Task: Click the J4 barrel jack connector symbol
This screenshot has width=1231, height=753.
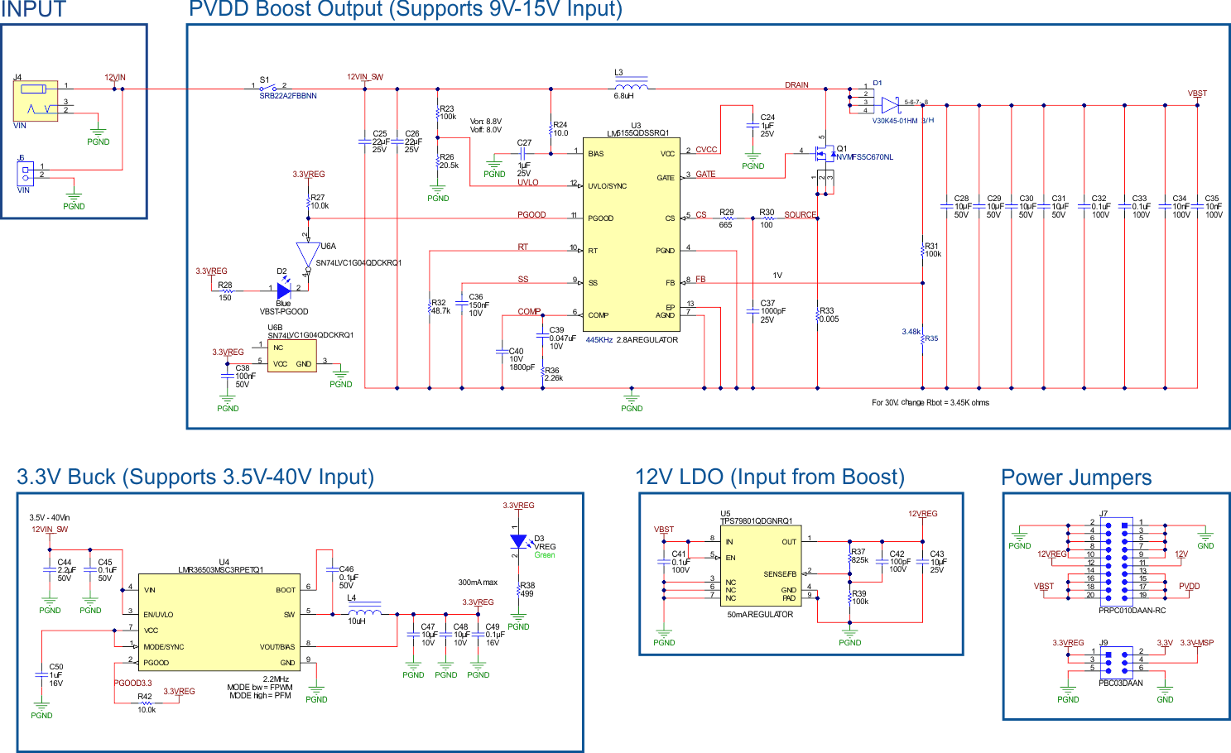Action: [36, 101]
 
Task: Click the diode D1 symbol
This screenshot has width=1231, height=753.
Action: [889, 105]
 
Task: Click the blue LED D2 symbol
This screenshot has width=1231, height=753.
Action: [284, 290]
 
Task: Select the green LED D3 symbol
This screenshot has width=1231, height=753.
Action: [518, 541]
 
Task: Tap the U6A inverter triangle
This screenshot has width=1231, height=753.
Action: [307, 253]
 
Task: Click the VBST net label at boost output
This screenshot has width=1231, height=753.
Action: [1197, 94]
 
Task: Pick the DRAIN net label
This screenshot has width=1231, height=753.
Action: [796, 85]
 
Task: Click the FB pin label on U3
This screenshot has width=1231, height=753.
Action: [670, 283]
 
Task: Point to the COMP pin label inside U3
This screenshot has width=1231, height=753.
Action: [598, 315]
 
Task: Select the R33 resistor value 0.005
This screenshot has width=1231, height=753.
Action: [829, 319]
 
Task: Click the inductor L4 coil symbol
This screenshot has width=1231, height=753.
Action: [364, 612]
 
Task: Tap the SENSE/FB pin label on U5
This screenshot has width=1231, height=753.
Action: [779, 574]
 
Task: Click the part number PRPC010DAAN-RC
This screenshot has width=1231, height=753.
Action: [1132, 611]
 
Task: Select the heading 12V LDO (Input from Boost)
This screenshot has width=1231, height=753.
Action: [769, 477]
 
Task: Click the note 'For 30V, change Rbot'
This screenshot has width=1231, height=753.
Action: [930, 403]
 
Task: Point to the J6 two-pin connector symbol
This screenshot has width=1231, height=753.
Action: [26, 174]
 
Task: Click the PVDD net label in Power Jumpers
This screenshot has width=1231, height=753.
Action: [1189, 586]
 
